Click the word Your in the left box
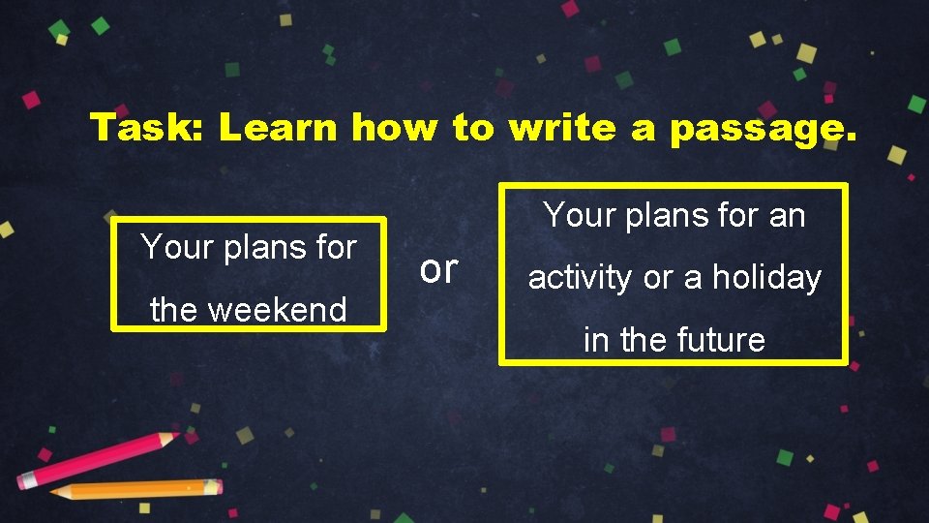pyautogui.click(x=176, y=247)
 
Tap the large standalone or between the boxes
pyautogui.click(x=438, y=270)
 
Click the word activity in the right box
pyautogui.click(x=580, y=279)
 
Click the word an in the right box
pyautogui.click(x=787, y=215)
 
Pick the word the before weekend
pyautogui.click(x=174, y=310)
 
